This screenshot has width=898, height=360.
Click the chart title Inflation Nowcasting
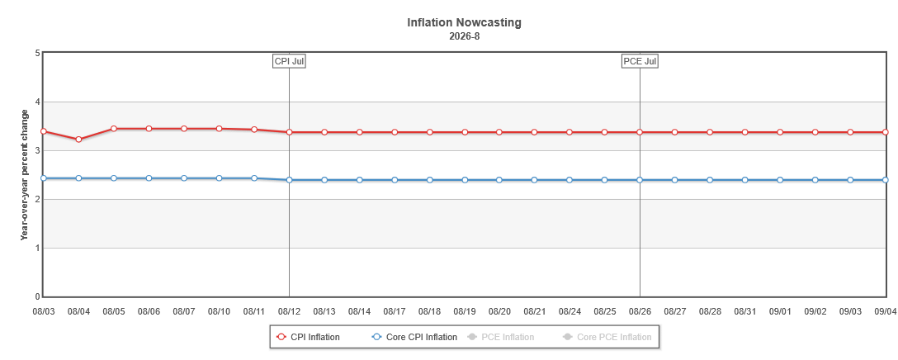(x=465, y=23)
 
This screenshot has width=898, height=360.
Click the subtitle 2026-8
(x=465, y=36)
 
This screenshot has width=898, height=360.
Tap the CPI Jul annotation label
(x=289, y=61)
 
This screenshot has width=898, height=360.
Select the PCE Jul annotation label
(x=640, y=61)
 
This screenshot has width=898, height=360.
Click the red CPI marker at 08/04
(x=78, y=140)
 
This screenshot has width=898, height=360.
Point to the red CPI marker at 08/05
(x=113, y=129)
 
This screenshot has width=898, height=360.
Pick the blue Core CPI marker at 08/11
(x=253, y=178)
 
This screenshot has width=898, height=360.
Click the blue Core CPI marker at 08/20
(x=499, y=180)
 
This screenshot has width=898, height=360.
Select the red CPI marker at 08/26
(x=640, y=132)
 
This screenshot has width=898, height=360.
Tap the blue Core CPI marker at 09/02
(x=815, y=180)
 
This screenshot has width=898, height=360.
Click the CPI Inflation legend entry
(x=308, y=337)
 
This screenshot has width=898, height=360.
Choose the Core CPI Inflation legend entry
(x=414, y=337)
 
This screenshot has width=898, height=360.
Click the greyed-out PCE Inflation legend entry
(x=501, y=337)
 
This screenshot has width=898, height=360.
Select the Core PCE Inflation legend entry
(x=607, y=337)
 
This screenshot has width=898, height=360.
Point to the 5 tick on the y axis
(x=37, y=54)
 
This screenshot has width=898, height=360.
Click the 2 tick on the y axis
(x=37, y=200)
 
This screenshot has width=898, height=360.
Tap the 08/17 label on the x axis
(x=395, y=311)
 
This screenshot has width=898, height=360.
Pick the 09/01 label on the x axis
(x=780, y=311)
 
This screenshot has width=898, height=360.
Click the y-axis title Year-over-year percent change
(x=24, y=174)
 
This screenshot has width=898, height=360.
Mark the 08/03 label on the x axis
(x=44, y=311)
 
